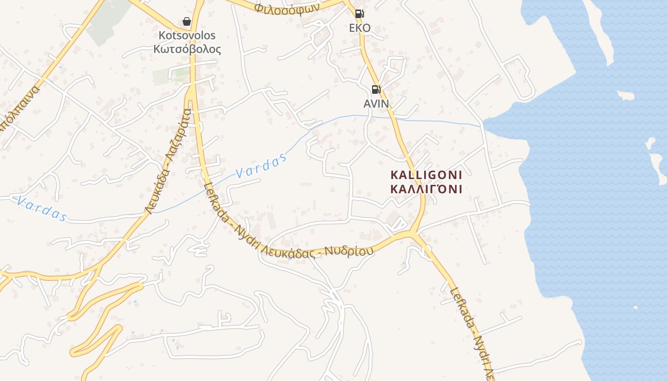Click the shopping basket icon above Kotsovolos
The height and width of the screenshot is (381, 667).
point(187,21)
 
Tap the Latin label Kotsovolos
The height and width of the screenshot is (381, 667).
point(187,35)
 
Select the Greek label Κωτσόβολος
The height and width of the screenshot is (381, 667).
point(187,49)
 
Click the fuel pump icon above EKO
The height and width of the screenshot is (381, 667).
point(360,14)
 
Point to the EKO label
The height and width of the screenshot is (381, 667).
point(360,28)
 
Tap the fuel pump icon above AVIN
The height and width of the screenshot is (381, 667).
point(376,90)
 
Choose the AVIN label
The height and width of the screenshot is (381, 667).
point(376,103)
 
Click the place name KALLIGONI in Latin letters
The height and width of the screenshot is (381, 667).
point(426,175)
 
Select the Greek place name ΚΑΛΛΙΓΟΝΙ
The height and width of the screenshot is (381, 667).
point(426,189)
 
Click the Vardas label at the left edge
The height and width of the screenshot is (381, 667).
point(40,209)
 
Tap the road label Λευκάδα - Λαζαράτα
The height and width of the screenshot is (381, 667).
point(169,162)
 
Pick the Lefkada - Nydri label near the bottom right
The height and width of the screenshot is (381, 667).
point(472,329)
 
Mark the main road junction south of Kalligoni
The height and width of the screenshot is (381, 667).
point(413,234)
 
